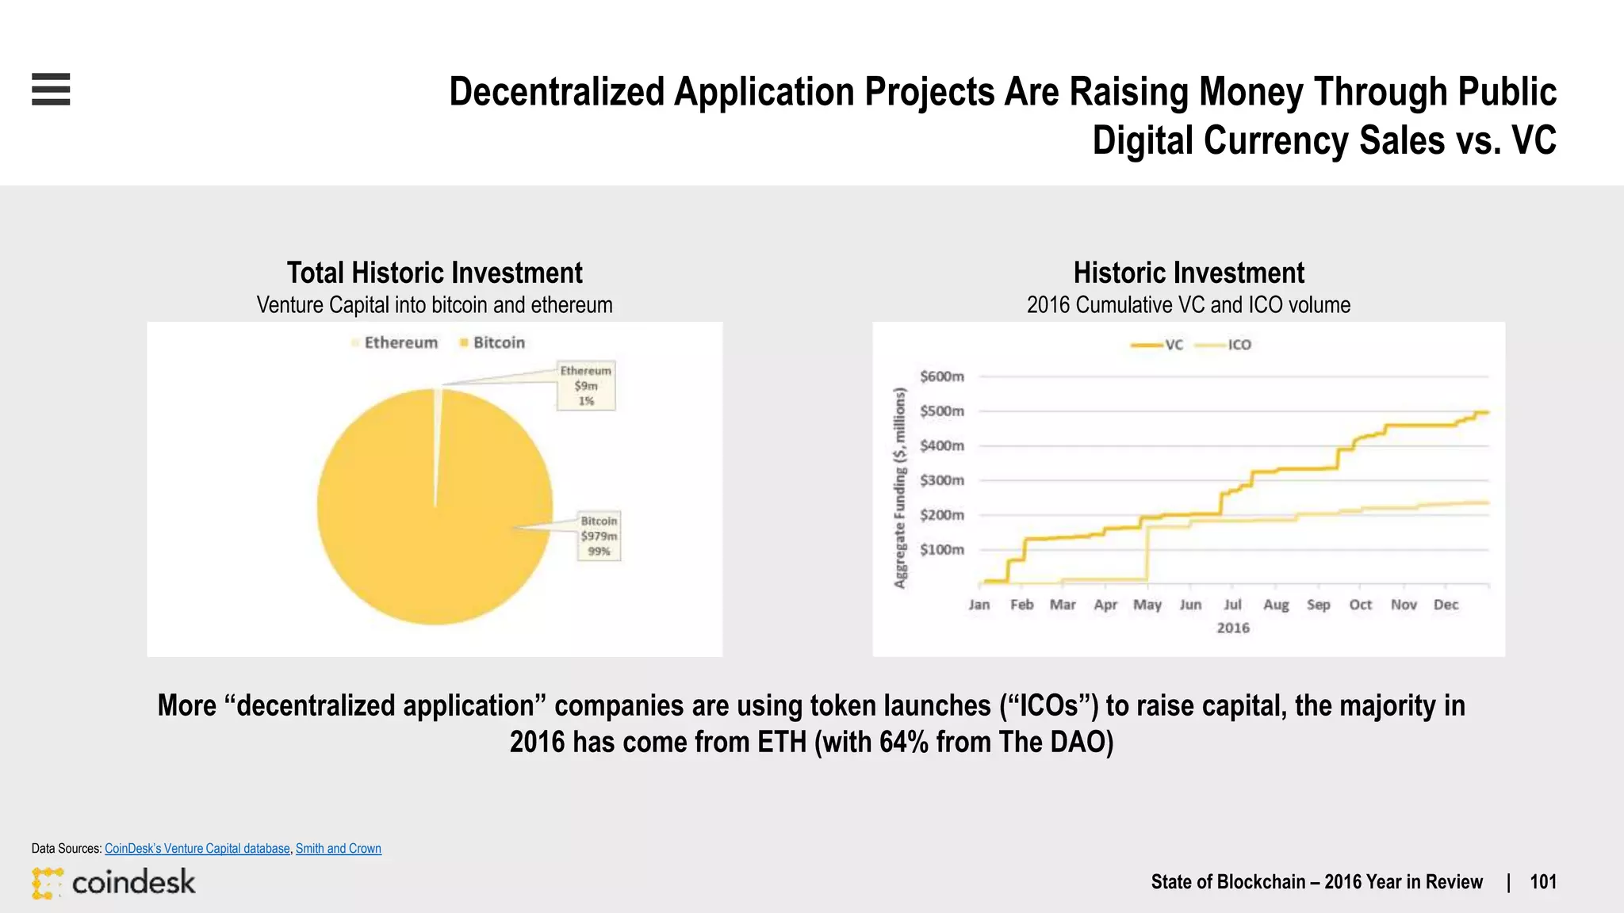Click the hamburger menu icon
[51, 89]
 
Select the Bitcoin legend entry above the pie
[492, 342]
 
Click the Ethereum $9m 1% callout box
[586, 385]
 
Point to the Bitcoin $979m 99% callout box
[599, 536]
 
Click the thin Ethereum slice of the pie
[437, 444]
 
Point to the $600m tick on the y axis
[942, 376]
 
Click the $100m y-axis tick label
[942, 549]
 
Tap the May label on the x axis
[1147, 605]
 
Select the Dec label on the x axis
[1446, 605]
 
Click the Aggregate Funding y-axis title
[899, 488]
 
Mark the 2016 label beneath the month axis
[1233, 628]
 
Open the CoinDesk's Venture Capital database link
[197, 848]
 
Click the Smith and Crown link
[339, 848]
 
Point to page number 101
[1542, 882]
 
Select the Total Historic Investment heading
[435, 273]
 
